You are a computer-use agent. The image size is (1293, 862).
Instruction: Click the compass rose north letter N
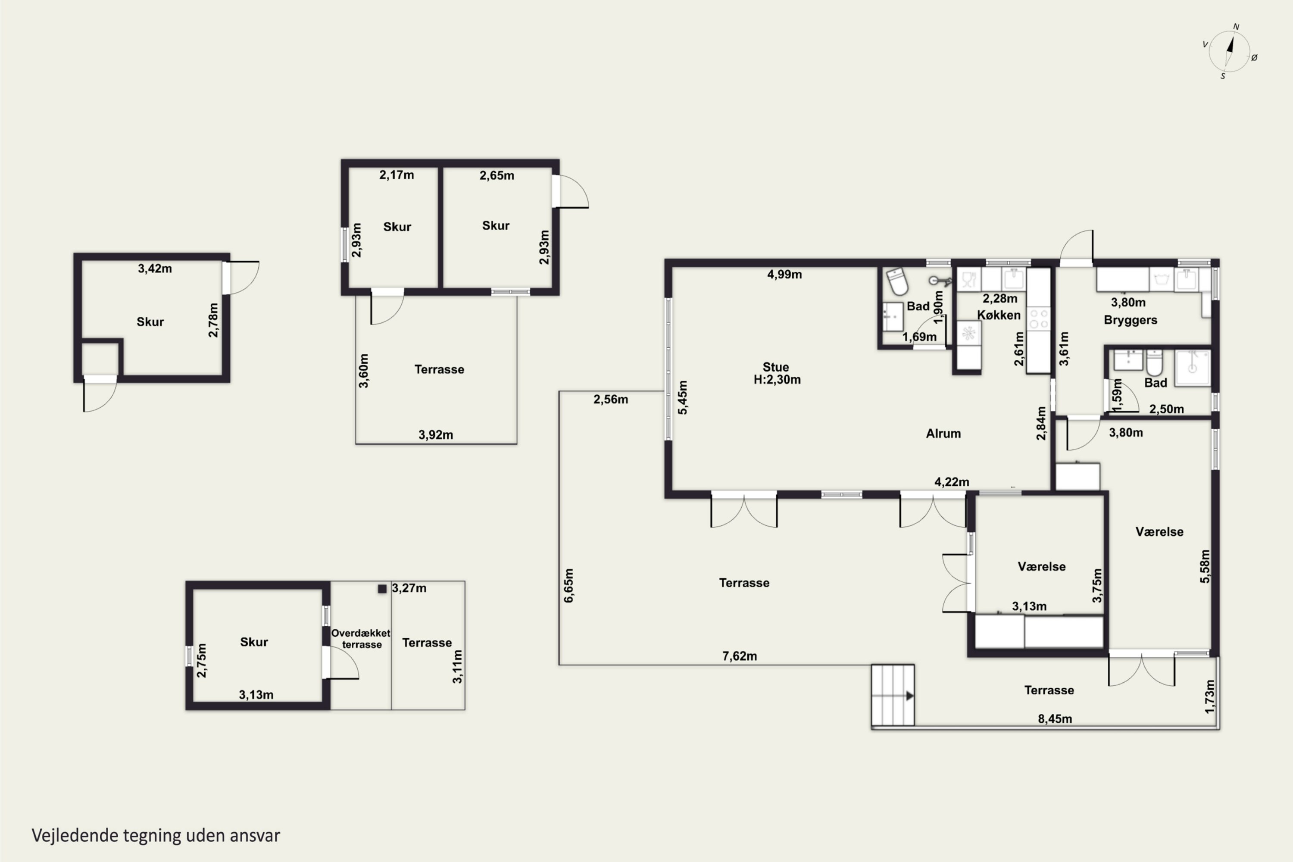(x=1236, y=26)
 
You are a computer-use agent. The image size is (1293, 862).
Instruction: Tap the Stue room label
(x=776, y=367)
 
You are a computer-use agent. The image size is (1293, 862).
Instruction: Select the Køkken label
(x=999, y=315)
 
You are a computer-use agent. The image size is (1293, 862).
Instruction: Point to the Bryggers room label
(x=1130, y=320)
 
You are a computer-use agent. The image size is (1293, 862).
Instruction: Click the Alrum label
(x=943, y=433)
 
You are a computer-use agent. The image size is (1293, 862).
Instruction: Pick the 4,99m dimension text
(x=784, y=274)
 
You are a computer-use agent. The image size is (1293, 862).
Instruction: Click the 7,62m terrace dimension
(x=740, y=656)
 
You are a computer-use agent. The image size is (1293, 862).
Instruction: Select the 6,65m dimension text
(x=569, y=585)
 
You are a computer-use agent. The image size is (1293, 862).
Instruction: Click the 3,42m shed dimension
(x=155, y=268)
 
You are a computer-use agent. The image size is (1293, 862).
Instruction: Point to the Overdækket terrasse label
(x=361, y=638)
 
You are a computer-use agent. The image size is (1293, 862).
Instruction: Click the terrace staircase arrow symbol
(x=909, y=696)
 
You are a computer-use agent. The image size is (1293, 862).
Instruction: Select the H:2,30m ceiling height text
(x=777, y=379)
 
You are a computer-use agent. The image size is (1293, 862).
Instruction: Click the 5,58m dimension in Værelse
(x=1205, y=566)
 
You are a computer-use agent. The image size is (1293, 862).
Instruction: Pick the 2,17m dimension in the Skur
(x=397, y=175)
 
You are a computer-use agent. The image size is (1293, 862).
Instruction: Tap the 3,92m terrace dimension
(x=436, y=435)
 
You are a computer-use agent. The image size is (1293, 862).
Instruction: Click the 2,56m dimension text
(x=611, y=399)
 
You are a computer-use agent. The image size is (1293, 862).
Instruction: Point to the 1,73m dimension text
(x=1209, y=696)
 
